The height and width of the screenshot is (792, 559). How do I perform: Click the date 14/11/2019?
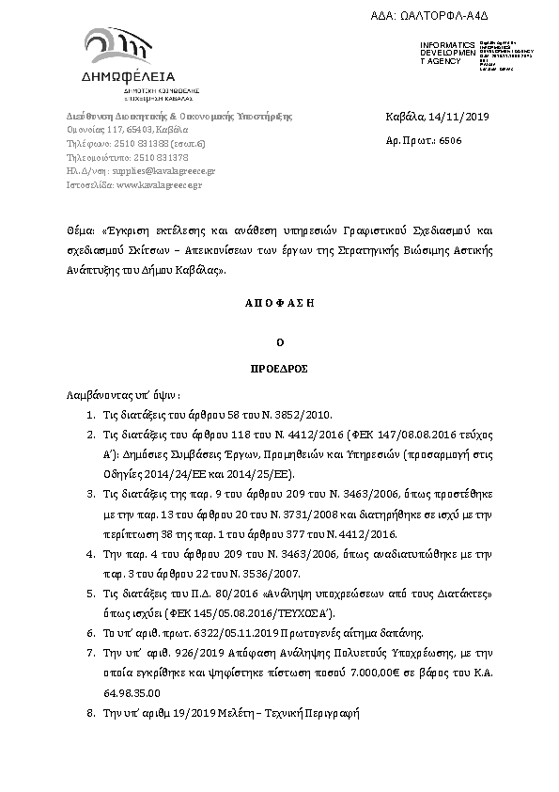(446, 117)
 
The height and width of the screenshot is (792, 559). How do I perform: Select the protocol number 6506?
(449, 139)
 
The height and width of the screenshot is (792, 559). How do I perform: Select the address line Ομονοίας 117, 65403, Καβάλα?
(127, 129)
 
